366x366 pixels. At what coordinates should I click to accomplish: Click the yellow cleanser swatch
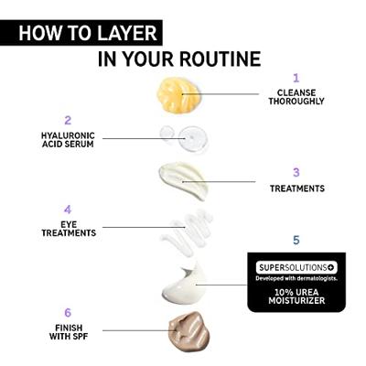click(x=179, y=95)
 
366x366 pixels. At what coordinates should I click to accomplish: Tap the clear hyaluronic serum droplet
click(x=185, y=138)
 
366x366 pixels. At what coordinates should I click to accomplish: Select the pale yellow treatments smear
click(x=184, y=180)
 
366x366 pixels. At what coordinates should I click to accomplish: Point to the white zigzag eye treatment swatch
click(x=187, y=232)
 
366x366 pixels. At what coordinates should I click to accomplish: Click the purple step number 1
click(x=296, y=78)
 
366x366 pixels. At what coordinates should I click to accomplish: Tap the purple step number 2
click(x=68, y=120)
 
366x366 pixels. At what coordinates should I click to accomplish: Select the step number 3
click(x=296, y=172)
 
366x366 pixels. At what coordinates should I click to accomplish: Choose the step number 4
click(x=68, y=210)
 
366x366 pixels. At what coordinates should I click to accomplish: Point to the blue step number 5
click(x=296, y=241)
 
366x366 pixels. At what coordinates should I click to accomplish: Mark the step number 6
click(x=68, y=313)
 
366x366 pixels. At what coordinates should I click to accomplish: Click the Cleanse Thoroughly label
click(x=296, y=97)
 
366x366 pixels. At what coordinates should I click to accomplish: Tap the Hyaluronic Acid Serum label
click(x=68, y=140)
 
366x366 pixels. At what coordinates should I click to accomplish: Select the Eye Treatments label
click(x=69, y=229)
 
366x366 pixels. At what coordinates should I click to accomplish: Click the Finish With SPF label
click(x=69, y=332)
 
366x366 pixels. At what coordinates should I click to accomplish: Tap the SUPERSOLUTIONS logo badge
click(x=296, y=268)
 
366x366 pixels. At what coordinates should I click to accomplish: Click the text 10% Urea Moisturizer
click(x=296, y=296)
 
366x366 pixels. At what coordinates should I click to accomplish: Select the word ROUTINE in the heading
click(x=220, y=59)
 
